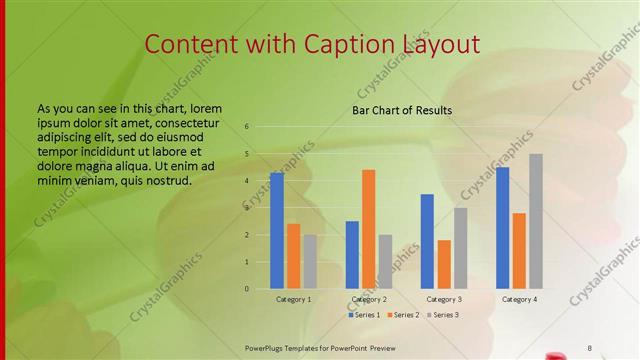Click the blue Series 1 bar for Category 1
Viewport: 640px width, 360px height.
click(277, 231)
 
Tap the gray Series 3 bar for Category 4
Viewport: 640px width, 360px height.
click(536, 221)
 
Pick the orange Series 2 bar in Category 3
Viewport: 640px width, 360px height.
click(444, 264)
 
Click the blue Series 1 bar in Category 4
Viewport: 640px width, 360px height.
click(502, 228)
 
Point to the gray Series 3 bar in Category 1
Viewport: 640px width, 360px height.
click(310, 262)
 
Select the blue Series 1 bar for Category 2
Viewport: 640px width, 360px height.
click(352, 255)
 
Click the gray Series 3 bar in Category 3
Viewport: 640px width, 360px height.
click(461, 248)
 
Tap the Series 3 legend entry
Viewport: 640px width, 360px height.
click(444, 315)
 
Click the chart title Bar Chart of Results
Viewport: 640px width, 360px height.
click(402, 110)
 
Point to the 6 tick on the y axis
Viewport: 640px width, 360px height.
click(247, 127)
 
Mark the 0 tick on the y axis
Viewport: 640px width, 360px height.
click(247, 289)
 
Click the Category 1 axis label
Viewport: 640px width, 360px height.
click(293, 299)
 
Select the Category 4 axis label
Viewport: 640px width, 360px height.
click(519, 299)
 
